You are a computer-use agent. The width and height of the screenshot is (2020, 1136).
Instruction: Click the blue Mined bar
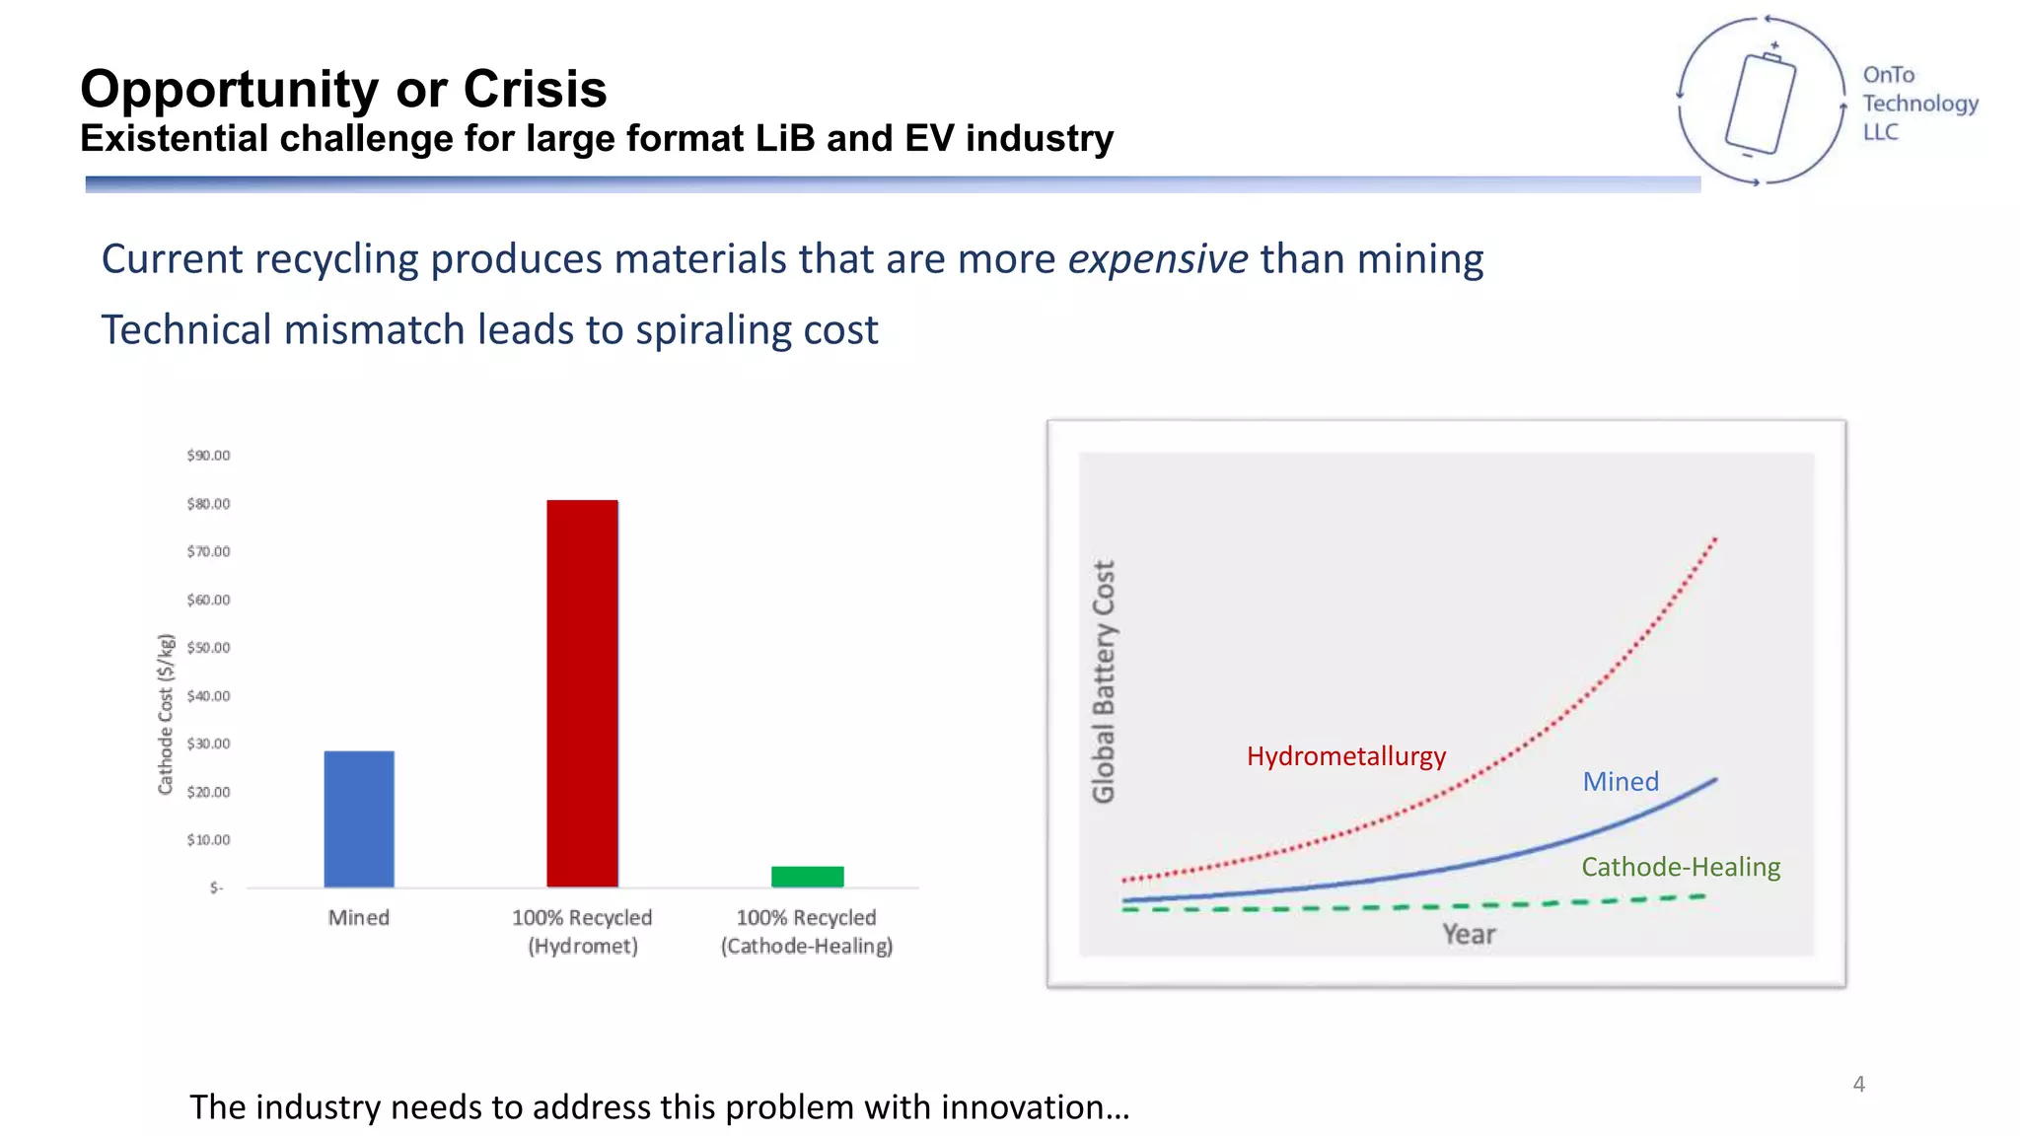359,818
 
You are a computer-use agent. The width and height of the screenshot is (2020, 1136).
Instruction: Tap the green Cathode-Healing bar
807,877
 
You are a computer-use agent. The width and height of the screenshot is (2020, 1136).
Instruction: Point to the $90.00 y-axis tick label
208,456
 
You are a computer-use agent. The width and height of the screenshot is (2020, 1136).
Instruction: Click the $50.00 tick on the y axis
208,648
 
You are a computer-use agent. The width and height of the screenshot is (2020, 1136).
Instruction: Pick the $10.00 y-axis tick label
208,840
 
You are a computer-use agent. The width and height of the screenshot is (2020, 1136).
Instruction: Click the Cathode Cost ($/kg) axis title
166,714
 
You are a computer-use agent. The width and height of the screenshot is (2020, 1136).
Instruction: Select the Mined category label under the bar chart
359,918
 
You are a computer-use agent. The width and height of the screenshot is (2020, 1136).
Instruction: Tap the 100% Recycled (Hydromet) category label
582,932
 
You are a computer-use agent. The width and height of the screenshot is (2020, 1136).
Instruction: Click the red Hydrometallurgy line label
1345,756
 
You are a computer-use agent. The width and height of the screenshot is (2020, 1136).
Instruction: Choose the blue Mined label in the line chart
1621,782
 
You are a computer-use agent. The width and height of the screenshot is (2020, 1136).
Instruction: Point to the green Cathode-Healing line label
1681,867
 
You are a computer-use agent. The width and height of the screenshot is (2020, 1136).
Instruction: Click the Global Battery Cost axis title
1104,681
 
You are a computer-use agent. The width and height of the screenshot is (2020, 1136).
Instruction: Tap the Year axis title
1469,934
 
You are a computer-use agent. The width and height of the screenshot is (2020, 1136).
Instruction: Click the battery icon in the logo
1761,104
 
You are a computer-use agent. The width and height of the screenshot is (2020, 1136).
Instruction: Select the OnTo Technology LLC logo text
1918,104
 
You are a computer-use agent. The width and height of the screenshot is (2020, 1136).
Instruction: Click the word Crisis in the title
535,89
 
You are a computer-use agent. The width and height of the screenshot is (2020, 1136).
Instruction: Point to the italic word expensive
1157,259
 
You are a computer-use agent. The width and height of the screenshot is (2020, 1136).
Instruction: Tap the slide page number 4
1858,1084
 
